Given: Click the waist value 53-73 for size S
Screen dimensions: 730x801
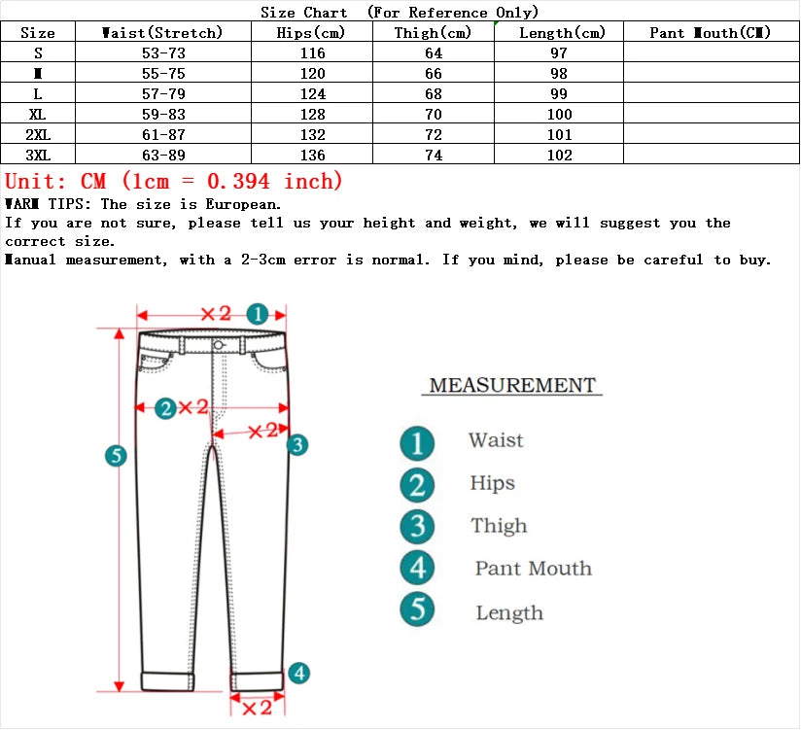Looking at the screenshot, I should (163, 53).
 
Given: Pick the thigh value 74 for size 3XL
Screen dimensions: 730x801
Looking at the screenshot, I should (434, 156).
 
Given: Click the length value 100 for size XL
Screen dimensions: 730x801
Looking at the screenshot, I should (560, 115).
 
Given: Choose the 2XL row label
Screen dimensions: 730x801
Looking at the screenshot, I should (38, 135).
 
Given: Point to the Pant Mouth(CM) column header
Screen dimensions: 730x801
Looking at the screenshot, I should (711, 33).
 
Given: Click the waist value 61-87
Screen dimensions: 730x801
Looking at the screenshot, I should (163, 135).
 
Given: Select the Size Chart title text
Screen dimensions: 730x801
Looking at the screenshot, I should (304, 13).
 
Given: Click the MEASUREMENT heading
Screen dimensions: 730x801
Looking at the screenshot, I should (512, 386).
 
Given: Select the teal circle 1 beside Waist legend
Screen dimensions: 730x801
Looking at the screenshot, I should (417, 443).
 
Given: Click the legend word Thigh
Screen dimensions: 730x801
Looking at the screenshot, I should (499, 526).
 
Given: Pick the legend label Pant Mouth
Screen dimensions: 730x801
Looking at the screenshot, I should (533, 569).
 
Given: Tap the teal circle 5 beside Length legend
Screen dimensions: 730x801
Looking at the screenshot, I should (417, 609).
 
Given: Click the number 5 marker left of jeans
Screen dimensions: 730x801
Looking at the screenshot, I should (116, 455).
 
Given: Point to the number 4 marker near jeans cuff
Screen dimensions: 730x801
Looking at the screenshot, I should (299, 673).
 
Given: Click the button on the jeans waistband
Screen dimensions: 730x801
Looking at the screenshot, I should (219, 345).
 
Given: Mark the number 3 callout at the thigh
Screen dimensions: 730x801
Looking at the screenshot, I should (297, 444).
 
